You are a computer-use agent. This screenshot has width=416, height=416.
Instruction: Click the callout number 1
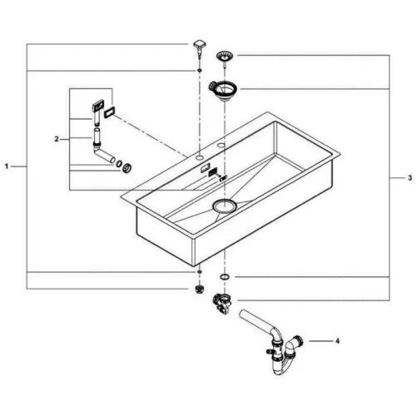7,166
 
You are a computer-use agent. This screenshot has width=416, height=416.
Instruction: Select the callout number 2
57,139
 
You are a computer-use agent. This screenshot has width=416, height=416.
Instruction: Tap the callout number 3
410,178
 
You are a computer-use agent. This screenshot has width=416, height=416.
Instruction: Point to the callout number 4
337,341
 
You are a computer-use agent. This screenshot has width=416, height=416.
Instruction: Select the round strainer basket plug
225,57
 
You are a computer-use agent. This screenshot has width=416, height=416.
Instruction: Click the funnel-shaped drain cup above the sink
222,91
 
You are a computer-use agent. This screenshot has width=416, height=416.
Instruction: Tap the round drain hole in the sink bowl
225,206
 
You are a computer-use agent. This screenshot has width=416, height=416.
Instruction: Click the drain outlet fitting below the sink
221,303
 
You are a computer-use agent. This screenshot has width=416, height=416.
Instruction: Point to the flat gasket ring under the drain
225,276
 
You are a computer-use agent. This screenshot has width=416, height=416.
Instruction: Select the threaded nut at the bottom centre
199,289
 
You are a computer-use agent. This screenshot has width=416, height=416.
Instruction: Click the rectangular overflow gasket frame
110,113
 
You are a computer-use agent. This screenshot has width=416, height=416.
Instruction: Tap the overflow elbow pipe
102,148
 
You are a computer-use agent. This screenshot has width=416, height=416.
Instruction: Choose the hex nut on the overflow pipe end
127,168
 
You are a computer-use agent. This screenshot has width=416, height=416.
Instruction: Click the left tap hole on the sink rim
199,157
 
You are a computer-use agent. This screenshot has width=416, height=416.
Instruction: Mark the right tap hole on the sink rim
221,145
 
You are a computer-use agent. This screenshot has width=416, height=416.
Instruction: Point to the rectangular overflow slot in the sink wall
206,167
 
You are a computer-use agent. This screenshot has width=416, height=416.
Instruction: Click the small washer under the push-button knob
199,71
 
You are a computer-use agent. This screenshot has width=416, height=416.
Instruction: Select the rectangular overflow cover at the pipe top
98,106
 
